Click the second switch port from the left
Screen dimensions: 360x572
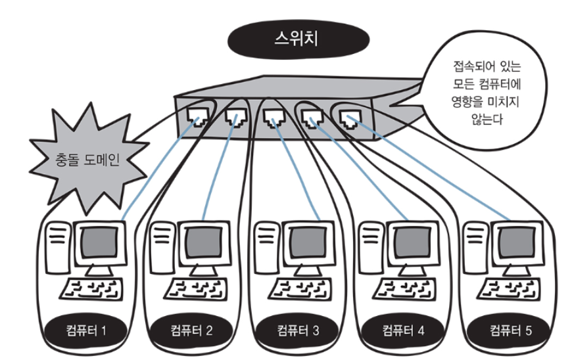(x=235, y=118)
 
